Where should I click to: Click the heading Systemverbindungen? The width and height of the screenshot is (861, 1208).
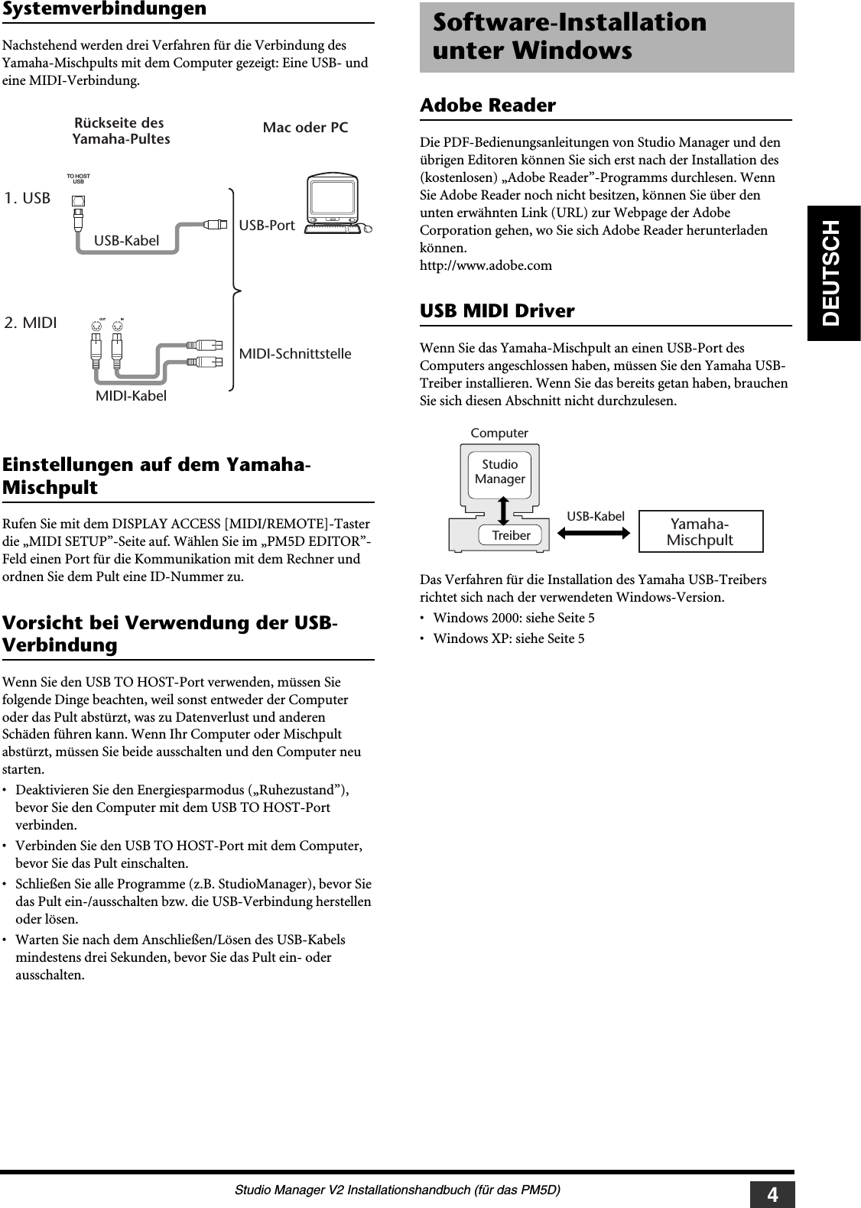105,9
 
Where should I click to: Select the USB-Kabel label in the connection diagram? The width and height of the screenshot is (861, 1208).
127,241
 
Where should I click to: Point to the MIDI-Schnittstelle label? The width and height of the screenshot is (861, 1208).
295,354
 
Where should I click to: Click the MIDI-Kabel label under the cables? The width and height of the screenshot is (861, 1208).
131,396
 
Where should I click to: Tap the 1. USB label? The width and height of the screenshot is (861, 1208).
28,199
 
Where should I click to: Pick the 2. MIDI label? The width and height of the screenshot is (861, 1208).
31,323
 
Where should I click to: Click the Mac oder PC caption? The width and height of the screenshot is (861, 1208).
305,128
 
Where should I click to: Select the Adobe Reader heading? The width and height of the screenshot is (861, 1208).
488,106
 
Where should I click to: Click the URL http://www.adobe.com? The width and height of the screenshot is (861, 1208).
486,265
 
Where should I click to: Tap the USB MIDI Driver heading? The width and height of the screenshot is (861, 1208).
497,311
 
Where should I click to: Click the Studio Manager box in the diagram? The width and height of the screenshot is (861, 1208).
500,472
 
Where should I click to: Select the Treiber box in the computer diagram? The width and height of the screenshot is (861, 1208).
511,535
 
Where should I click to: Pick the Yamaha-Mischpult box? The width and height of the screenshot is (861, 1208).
700,532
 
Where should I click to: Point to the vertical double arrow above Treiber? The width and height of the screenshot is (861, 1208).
505,509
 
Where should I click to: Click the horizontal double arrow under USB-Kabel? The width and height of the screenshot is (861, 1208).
595,534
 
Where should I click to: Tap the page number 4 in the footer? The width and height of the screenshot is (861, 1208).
772,1194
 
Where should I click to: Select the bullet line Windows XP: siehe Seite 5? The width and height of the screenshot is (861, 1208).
508,638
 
